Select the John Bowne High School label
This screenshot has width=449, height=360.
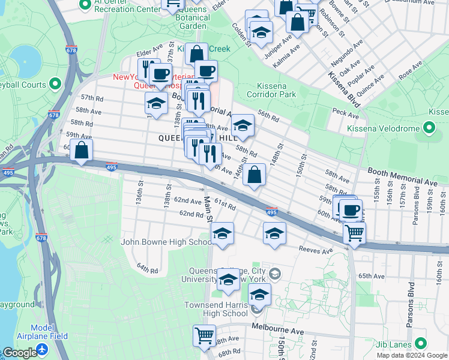pyautogui.click(x=166, y=242)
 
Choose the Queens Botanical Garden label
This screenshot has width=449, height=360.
pyautogui.click(x=186, y=22)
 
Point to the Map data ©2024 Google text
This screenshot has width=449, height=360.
pyautogui.click(x=411, y=355)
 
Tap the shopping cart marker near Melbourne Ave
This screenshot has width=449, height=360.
pyautogui.click(x=205, y=335)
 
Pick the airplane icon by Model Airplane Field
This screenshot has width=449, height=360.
pyautogui.click(x=41, y=349)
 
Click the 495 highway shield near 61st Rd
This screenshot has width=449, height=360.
pyautogui.click(x=271, y=212)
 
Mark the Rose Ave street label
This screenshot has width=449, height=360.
pyautogui.click(x=410, y=74)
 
